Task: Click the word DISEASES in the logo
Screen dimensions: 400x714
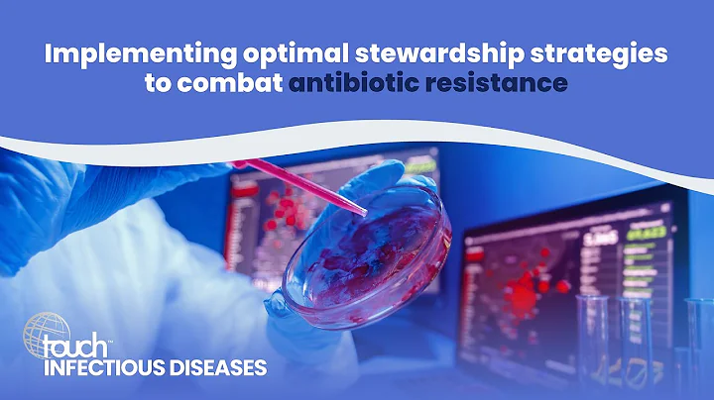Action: pyautogui.click(x=217, y=367)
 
